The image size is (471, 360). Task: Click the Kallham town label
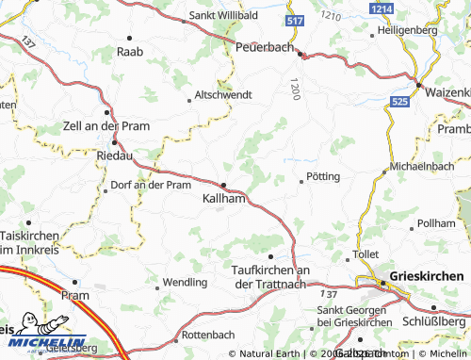click(225, 200)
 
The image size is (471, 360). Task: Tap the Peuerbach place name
click(266, 46)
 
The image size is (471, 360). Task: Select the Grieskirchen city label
click(420, 276)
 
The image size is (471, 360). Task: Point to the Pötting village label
click(323, 176)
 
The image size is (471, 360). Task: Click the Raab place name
click(129, 52)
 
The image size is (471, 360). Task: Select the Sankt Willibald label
click(224, 16)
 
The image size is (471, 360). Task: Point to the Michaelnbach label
click(424, 165)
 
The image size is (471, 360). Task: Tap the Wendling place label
click(186, 282)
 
